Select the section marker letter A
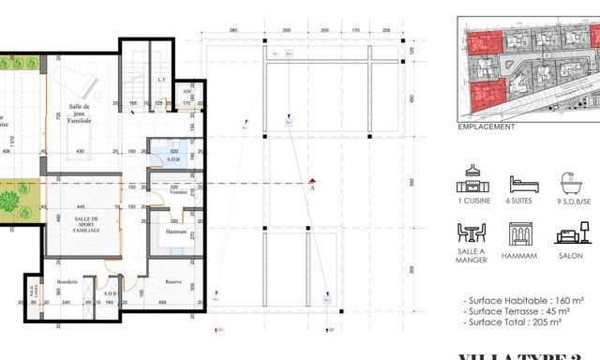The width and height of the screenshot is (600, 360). click(311, 187)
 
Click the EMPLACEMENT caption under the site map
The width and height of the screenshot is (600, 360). click(486, 126)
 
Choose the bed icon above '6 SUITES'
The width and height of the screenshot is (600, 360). click(523, 184)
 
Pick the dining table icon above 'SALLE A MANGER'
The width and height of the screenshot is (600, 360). click(472, 233)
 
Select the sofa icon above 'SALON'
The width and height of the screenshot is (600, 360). click(569, 234)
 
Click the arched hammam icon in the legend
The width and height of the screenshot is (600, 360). click(518, 233)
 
